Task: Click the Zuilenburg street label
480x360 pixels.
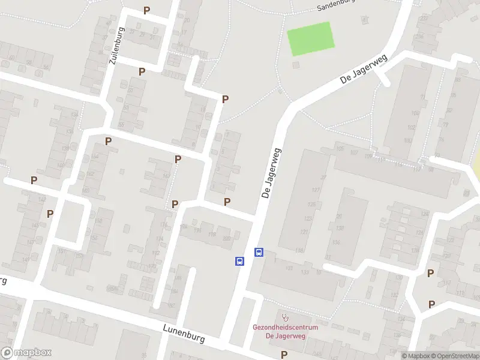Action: [x=116, y=46]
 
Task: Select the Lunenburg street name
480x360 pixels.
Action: [x=184, y=333]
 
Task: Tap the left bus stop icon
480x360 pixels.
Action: [x=239, y=261]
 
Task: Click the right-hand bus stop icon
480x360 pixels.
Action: [x=259, y=253]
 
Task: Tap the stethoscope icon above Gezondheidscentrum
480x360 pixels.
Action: [x=284, y=316]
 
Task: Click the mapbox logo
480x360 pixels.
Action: [x=26, y=353]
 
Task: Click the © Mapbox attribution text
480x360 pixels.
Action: [x=416, y=356]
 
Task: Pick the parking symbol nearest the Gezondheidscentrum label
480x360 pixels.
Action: [x=284, y=355]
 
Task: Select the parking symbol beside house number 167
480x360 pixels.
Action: [x=178, y=159]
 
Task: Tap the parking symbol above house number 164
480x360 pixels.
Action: [x=109, y=142]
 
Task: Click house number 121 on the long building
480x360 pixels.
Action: [x=304, y=232]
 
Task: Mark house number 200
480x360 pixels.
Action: [x=226, y=238]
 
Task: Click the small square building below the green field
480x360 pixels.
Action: [x=295, y=64]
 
